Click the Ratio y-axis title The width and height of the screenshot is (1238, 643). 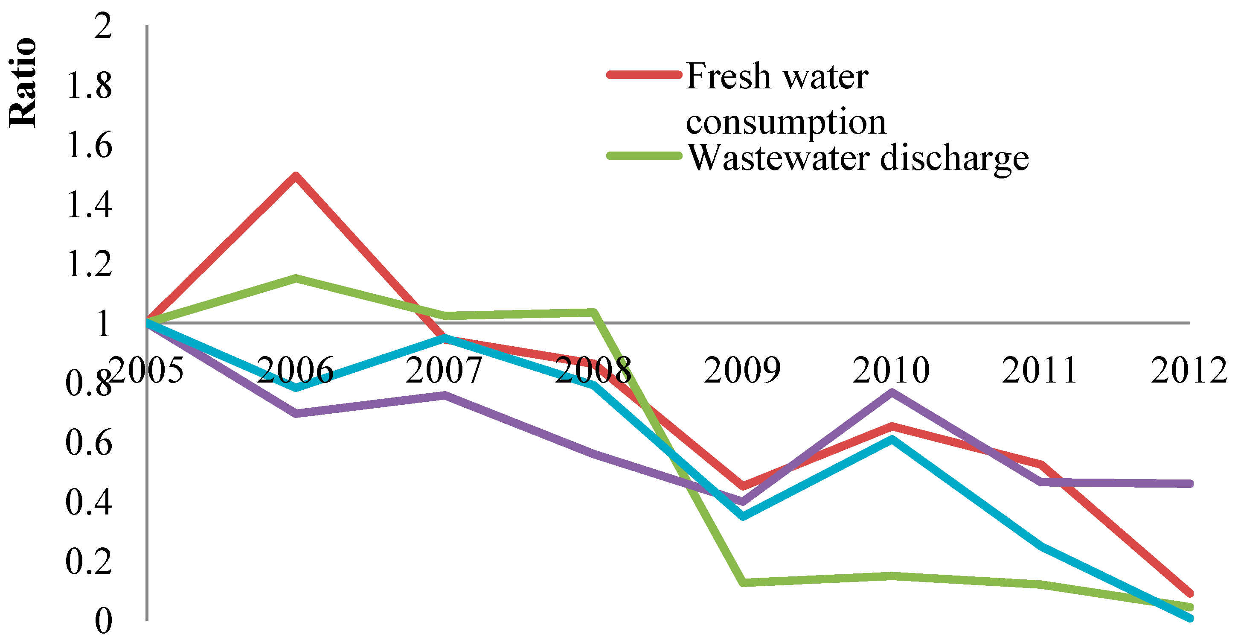pyautogui.click(x=23, y=82)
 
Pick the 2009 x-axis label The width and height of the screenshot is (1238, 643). pyautogui.click(x=743, y=370)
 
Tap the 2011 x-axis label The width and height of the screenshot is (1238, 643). pyautogui.click(x=1040, y=370)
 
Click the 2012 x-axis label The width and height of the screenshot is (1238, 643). pyautogui.click(x=1189, y=370)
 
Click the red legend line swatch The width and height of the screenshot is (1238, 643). pyautogui.click(x=645, y=75)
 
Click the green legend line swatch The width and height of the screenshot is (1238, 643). pyautogui.click(x=645, y=156)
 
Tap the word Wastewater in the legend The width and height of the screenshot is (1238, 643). pyautogui.click(x=779, y=157)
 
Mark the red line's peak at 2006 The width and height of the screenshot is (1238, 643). pyautogui.click(x=296, y=175)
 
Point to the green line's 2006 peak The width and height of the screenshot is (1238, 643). pyautogui.click(x=296, y=278)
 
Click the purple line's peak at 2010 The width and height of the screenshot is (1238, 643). pyautogui.click(x=892, y=392)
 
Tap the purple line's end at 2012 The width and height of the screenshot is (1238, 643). pyautogui.click(x=1189, y=484)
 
